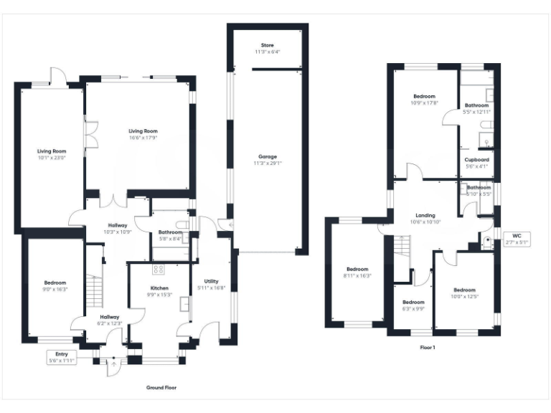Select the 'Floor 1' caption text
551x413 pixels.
[x=428, y=347]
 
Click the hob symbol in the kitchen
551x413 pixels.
[x=158, y=270]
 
